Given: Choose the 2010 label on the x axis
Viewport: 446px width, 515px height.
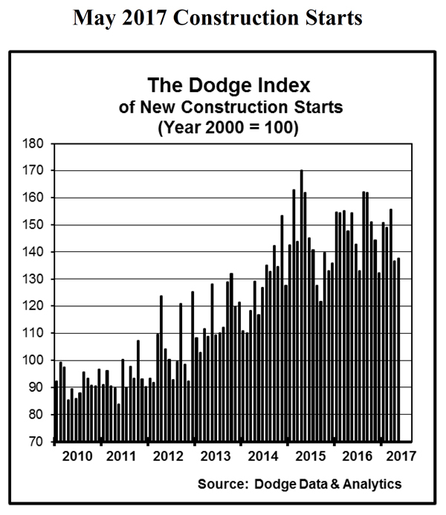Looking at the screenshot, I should [78, 456].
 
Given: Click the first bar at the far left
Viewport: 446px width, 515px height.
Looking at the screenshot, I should [56, 411].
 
